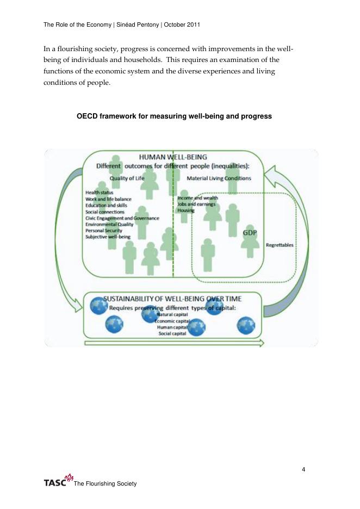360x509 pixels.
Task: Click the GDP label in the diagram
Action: coord(250,232)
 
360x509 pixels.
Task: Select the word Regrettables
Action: coord(280,245)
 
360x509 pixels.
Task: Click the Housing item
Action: coord(186,210)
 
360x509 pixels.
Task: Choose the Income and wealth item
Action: coord(197,198)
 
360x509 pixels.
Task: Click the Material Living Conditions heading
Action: coord(219,178)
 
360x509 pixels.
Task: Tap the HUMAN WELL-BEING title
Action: coord(173,157)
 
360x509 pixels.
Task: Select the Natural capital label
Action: coord(172,315)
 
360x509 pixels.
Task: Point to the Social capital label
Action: coord(172,333)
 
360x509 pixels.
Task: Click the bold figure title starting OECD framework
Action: coord(174,116)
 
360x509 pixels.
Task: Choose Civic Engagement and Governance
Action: coord(122,218)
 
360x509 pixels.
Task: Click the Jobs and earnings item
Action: coord(196,204)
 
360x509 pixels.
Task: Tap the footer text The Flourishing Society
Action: coord(105,483)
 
